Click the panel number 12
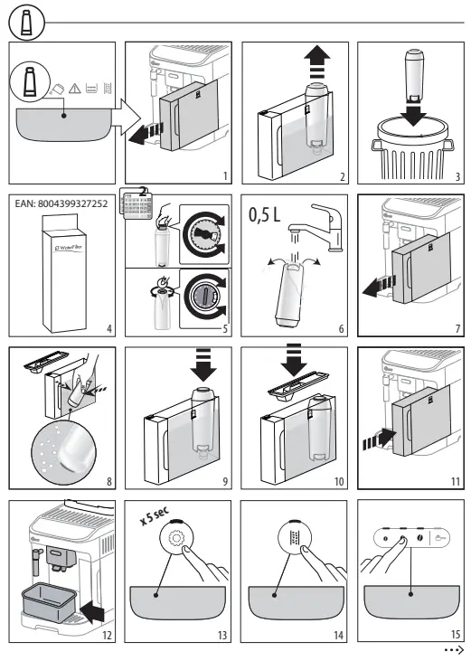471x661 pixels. tap(106, 636)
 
